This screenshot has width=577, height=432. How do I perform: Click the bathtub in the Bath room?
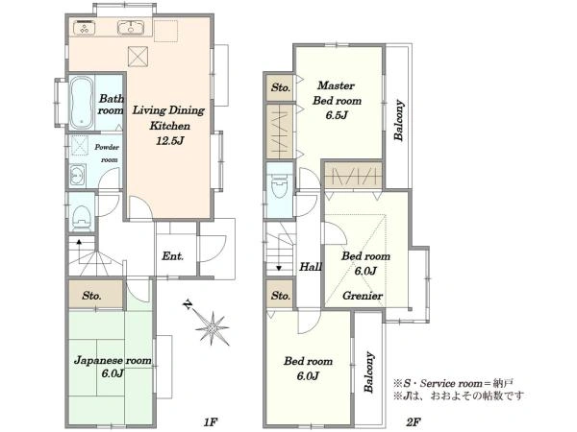(81, 103)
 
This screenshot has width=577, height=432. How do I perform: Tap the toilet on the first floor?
(81, 217)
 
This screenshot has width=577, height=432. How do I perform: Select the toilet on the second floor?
(279, 188)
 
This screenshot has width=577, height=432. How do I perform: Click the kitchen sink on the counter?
(131, 27)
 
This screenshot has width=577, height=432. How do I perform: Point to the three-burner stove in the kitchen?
(85, 27)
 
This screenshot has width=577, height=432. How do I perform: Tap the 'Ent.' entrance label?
(172, 256)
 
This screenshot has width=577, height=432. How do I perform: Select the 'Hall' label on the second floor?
(311, 266)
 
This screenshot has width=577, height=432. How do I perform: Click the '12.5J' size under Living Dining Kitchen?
(169, 141)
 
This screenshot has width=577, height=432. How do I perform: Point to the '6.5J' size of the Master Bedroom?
(337, 115)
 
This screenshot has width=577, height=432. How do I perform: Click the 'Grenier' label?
(363, 296)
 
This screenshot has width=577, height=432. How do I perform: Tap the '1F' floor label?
(211, 422)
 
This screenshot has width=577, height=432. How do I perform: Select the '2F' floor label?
(414, 422)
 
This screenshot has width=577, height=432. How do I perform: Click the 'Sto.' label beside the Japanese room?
(91, 296)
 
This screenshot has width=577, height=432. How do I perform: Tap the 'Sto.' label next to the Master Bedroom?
(281, 87)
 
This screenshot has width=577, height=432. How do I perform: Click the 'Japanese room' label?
(113, 360)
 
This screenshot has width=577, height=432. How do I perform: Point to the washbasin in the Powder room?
(77, 176)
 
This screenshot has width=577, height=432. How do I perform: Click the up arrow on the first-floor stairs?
(79, 242)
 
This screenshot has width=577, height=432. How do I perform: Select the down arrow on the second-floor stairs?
(279, 268)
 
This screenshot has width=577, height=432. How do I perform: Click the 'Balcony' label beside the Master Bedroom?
(399, 120)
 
